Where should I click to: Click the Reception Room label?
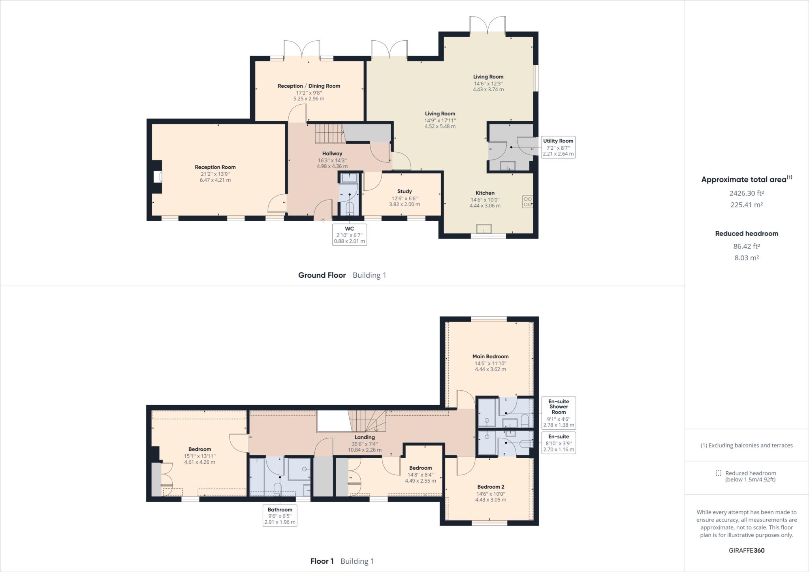(x=215, y=167)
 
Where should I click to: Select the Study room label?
(x=404, y=191)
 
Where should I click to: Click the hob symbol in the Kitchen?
(x=527, y=202)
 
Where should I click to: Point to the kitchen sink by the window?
(x=484, y=229)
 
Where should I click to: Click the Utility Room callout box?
(x=558, y=147)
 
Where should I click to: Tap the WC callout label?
(x=350, y=235)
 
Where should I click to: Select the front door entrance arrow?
(x=323, y=220)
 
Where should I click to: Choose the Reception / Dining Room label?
(x=309, y=86)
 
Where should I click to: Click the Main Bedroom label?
(x=490, y=356)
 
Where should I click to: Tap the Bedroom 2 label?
(x=491, y=487)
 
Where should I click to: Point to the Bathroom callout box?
(x=280, y=516)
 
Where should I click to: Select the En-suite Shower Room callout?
(x=559, y=413)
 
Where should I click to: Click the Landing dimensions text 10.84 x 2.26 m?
(x=365, y=450)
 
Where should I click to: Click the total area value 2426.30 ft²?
(x=747, y=193)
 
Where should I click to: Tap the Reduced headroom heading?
(x=747, y=233)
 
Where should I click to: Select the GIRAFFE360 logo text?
(x=747, y=550)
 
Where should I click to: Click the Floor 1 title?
(x=322, y=561)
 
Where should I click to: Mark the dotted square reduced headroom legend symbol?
(x=719, y=473)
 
